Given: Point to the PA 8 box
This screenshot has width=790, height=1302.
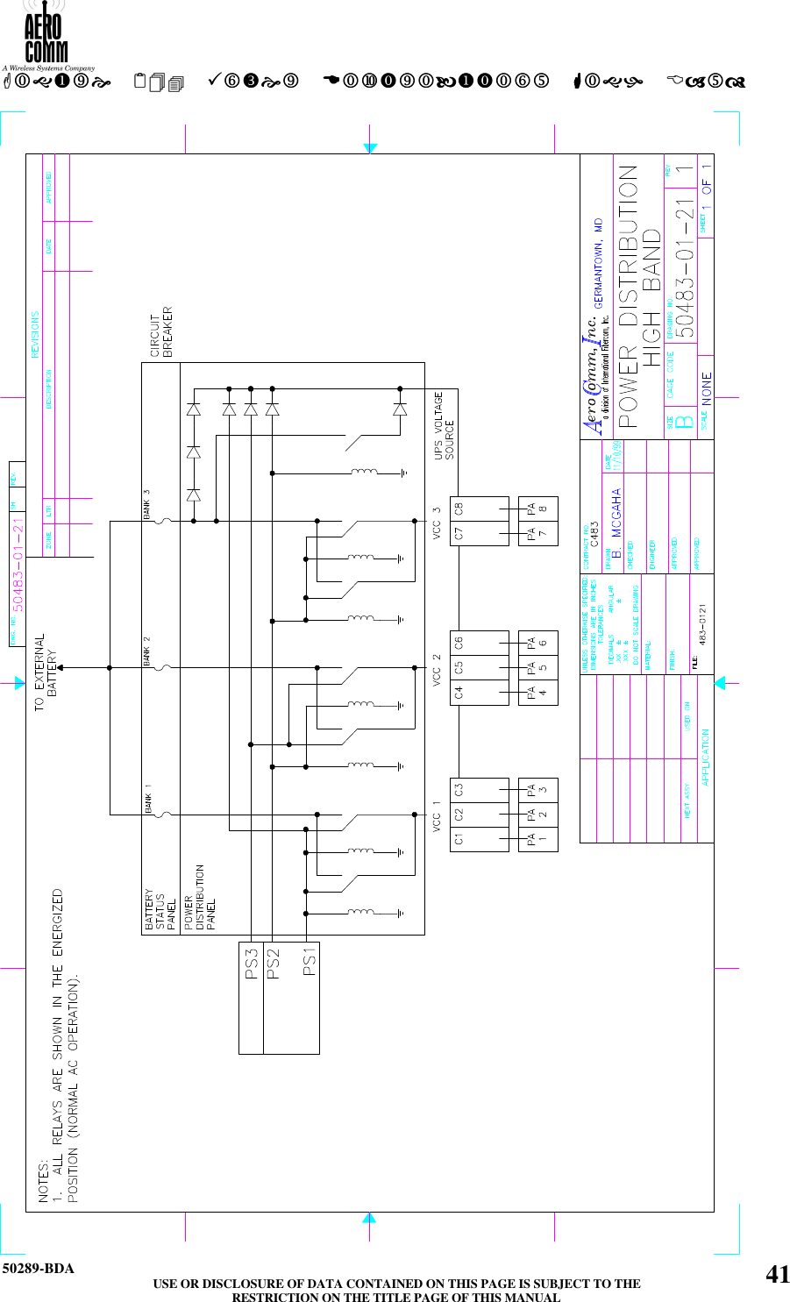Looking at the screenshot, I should click(537, 509).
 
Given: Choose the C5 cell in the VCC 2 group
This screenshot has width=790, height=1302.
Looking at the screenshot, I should click(459, 667).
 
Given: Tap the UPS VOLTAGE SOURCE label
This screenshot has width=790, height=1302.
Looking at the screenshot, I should click(444, 425).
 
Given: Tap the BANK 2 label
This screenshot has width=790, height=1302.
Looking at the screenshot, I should click(147, 651).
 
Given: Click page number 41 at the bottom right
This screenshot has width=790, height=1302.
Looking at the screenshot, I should click(777, 1274).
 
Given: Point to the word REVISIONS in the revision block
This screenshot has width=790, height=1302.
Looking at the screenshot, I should click(36, 334).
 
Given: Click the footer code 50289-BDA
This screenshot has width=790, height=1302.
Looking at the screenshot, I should click(38, 1269).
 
